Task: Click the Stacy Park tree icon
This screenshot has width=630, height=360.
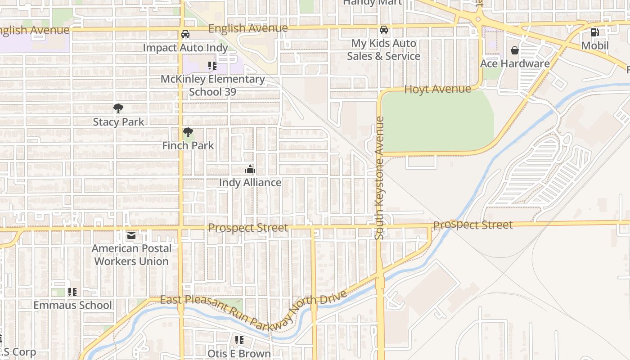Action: click(x=118, y=108)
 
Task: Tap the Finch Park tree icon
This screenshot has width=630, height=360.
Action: click(x=188, y=132)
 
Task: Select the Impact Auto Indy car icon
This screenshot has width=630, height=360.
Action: click(x=185, y=34)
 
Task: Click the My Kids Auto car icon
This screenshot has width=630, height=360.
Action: click(x=384, y=30)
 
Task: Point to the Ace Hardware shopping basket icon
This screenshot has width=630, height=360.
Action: click(x=515, y=50)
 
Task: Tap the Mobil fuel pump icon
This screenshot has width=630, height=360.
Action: click(x=594, y=32)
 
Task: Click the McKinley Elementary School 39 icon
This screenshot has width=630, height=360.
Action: click(x=212, y=66)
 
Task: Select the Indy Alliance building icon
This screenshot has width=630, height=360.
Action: click(x=250, y=169)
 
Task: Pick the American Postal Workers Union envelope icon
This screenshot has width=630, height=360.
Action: click(x=131, y=235)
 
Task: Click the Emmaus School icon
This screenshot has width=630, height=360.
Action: click(x=72, y=292)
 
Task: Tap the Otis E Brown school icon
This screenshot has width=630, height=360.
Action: click(x=239, y=340)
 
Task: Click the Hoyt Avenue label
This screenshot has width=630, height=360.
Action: click(x=437, y=89)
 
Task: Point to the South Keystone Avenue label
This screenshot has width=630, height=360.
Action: click(x=380, y=178)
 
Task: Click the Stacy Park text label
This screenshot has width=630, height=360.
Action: click(x=118, y=122)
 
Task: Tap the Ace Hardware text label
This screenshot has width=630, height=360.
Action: click(x=515, y=63)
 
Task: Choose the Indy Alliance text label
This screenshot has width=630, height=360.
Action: click(x=250, y=183)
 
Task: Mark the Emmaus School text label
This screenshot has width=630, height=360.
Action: click(x=72, y=305)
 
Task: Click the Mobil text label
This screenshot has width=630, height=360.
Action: click(x=595, y=45)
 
